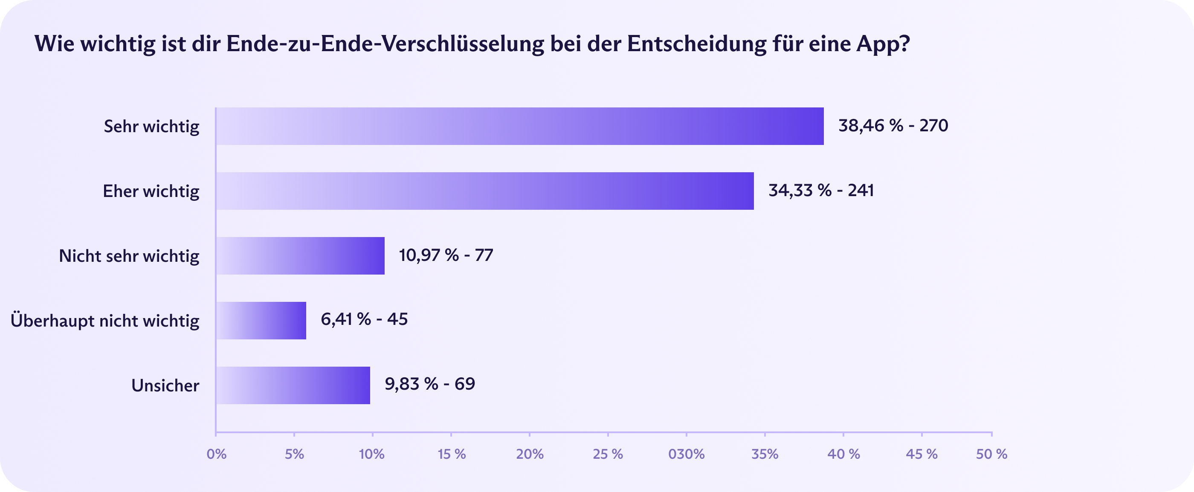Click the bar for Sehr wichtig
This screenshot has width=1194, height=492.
(519, 127)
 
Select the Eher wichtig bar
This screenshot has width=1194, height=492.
(485, 191)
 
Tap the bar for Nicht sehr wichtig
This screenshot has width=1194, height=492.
(300, 256)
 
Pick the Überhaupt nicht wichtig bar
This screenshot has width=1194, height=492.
(261, 321)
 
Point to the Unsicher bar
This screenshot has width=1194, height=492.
(293, 385)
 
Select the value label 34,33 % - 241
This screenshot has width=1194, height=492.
(821, 191)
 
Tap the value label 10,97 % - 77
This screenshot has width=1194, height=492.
(446, 255)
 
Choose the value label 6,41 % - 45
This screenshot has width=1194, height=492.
(364, 319)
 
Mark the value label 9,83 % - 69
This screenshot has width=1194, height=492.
(430, 384)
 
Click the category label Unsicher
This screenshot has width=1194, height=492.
(165, 385)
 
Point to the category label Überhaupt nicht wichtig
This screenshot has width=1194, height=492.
(105, 321)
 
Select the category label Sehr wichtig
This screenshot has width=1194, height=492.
(151, 127)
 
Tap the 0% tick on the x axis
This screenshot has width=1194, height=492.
(217, 454)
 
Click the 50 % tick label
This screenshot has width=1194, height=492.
(991, 454)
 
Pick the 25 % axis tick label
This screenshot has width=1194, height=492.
(608, 454)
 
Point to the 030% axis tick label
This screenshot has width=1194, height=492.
(686, 454)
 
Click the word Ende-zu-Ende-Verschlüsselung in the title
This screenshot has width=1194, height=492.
(385, 44)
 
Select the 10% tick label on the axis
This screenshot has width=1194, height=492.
(372, 454)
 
